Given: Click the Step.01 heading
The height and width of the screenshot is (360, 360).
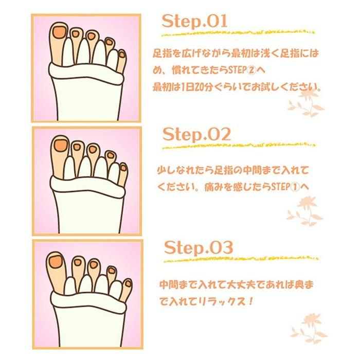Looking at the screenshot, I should [194, 22].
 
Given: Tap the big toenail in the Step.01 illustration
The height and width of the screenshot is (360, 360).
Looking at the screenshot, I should [59, 32].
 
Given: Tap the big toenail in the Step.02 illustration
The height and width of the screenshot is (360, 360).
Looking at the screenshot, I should [60, 146].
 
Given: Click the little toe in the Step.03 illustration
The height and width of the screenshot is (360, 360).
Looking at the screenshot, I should [126, 288].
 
